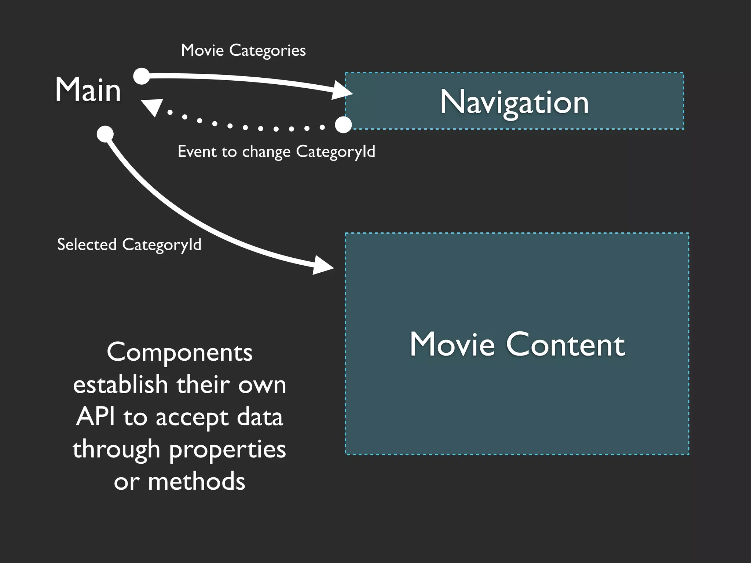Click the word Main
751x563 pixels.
[x=88, y=90]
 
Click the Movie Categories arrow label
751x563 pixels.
[x=243, y=51]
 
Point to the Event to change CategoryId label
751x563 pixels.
[x=276, y=151]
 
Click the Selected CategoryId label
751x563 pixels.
[x=129, y=244]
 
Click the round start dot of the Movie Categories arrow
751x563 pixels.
[x=142, y=76]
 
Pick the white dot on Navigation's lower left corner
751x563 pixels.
[x=344, y=125]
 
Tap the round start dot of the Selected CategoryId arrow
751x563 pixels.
[x=105, y=134]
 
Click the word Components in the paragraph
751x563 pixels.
[x=180, y=353]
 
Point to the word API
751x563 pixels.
[x=95, y=417]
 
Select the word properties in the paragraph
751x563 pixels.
[x=227, y=450]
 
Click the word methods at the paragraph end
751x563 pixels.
[x=197, y=481]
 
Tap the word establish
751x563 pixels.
[x=120, y=385]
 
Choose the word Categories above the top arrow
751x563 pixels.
[x=267, y=51]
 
